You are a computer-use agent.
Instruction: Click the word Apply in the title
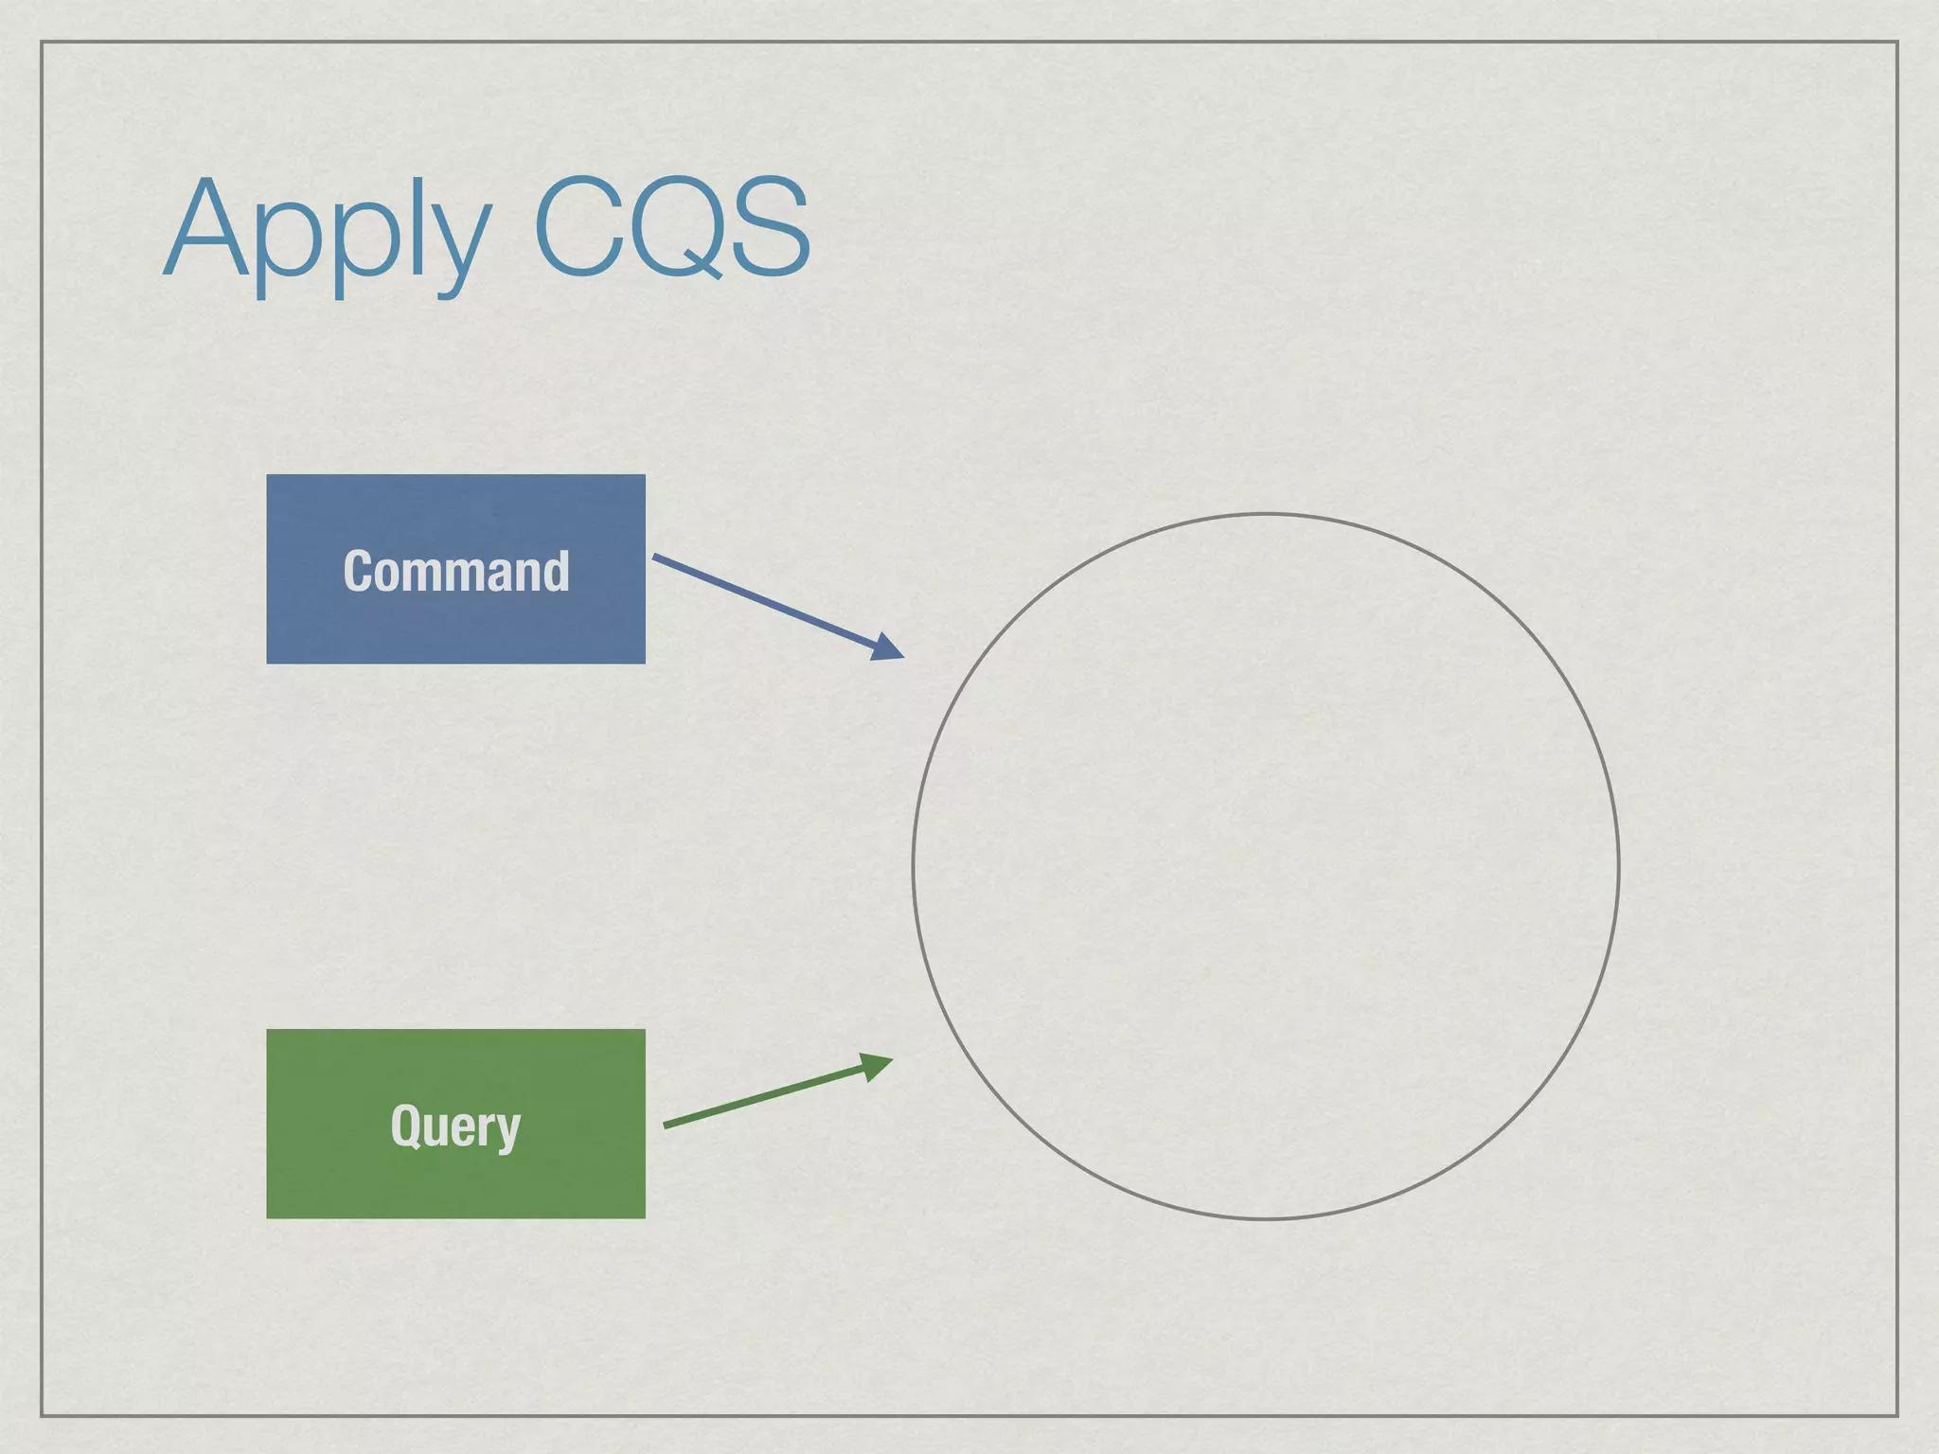click(328, 232)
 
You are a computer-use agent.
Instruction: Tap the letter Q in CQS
click(671, 228)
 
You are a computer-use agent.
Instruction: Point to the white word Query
click(455, 1126)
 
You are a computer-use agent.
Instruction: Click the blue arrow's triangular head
click(888, 647)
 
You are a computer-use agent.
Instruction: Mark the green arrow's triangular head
click(877, 1066)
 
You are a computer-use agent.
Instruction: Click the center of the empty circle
click(1266, 866)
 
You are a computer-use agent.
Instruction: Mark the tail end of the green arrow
click(667, 1126)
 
